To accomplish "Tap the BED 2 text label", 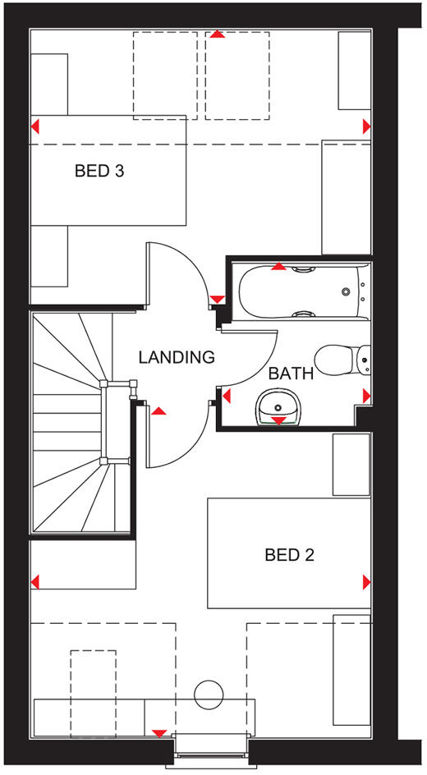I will (x=289, y=556).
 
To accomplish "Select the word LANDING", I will (x=176, y=357).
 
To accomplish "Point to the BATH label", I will (x=292, y=374).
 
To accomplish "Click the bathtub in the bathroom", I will (x=299, y=291).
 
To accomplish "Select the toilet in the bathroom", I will (x=345, y=358).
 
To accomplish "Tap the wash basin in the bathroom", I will (x=279, y=406).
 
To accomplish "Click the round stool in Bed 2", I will (x=209, y=694).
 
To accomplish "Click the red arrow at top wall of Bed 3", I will (x=216, y=35).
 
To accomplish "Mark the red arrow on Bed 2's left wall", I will (x=35, y=582).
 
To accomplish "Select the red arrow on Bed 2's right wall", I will (x=365, y=582).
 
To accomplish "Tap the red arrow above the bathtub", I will (x=279, y=266).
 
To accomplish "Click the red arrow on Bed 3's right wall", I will (x=365, y=126).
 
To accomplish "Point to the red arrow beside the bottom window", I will (x=158, y=733).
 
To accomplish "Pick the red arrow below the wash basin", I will (x=279, y=420).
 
